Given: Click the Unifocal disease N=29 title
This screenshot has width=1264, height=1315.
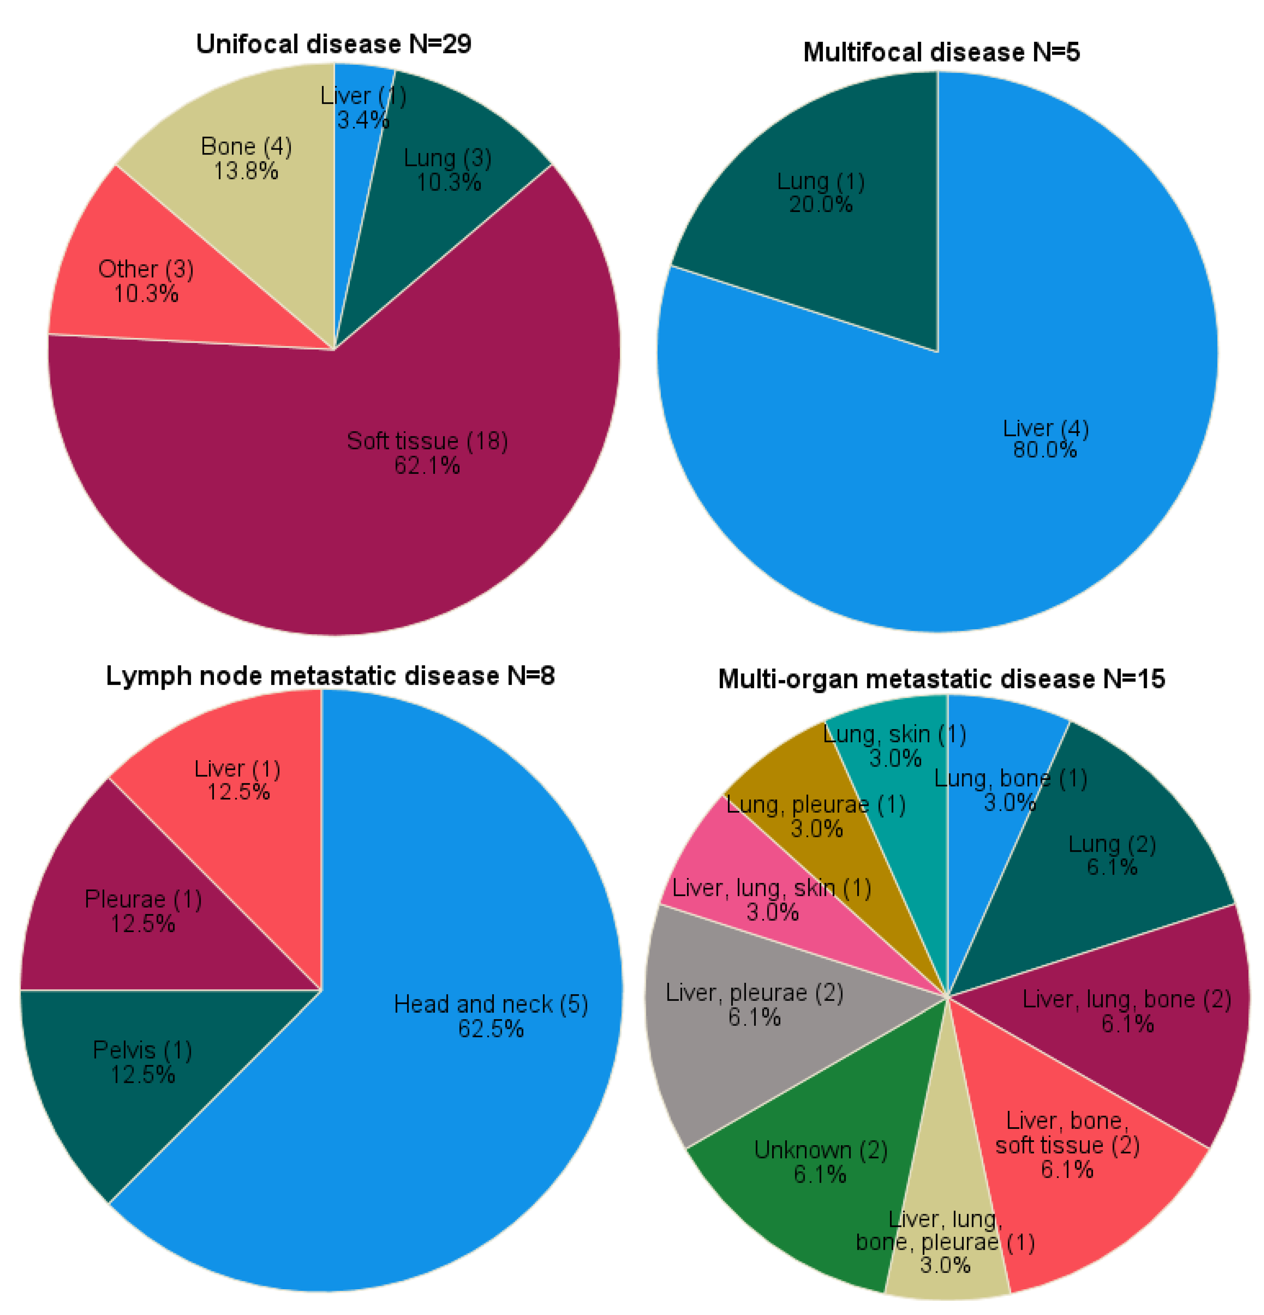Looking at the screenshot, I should coord(333,44).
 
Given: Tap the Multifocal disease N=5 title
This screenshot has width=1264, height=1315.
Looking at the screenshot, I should coord(941,52).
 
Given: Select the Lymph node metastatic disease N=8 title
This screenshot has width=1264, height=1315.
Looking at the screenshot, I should coord(330,676).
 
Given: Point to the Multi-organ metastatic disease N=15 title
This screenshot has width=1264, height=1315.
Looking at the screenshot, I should coord(941,679).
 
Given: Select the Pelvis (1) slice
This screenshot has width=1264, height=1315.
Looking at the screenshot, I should coord(134,1087).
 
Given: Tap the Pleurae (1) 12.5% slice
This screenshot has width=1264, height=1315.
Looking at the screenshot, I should coord(134,939).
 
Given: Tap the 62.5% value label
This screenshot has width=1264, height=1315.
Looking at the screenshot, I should coord(490,1029).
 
